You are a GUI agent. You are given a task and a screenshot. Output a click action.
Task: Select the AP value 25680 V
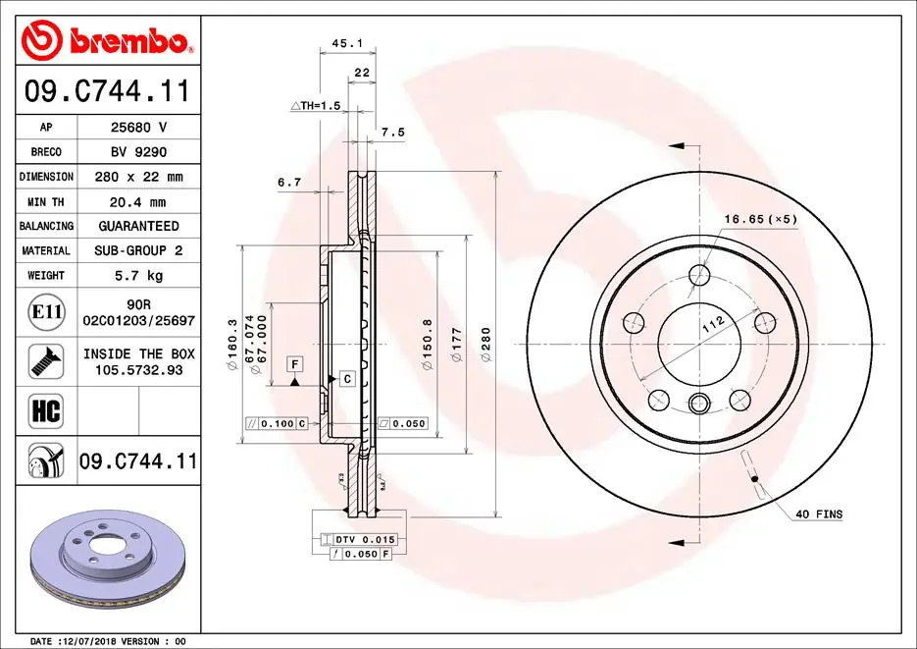[x=138, y=128]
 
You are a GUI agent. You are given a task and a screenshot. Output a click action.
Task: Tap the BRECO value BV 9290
[x=138, y=152]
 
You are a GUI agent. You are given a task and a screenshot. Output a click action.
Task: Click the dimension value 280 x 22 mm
[x=138, y=177]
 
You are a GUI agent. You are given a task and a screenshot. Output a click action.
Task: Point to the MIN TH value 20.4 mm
[x=138, y=201]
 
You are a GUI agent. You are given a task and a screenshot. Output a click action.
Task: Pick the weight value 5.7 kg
[x=138, y=276]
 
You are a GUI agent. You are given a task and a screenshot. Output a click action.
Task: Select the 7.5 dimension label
[x=392, y=132]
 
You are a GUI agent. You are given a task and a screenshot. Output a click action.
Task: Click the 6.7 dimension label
[x=288, y=182]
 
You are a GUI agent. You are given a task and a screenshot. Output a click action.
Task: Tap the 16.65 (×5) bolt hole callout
[x=761, y=218]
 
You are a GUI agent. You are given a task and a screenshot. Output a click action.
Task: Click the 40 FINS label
[x=818, y=514]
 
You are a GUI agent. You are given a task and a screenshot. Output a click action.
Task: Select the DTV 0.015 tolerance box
[x=359, y=540]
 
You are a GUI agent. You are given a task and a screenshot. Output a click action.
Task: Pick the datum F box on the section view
[x=292, y=364]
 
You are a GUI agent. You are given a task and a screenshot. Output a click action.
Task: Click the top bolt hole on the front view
[x=698, y=275]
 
